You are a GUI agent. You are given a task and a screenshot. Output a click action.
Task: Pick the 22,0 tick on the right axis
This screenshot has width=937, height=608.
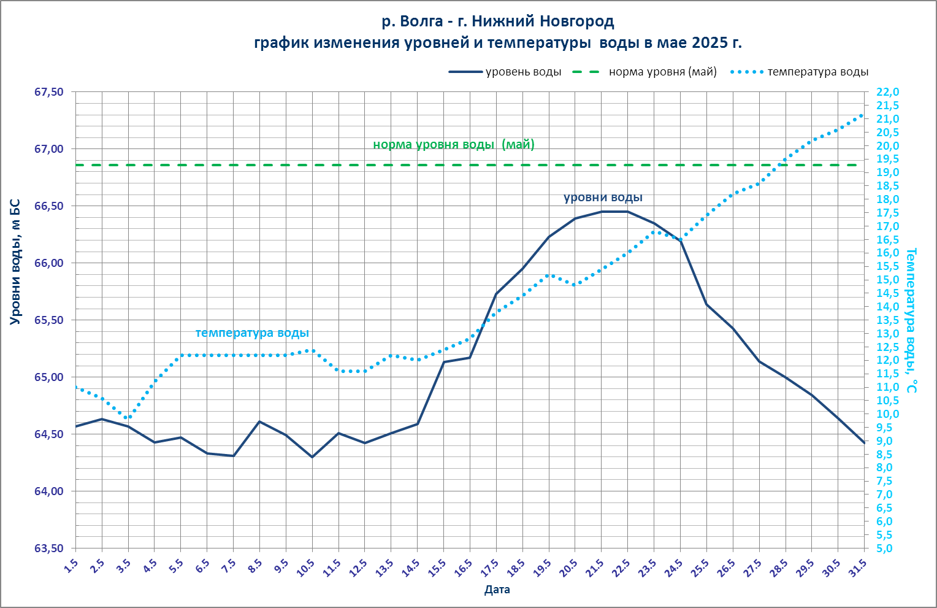coord(888,92)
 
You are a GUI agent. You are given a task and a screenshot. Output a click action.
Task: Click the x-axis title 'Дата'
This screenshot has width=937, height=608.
coord(497,590)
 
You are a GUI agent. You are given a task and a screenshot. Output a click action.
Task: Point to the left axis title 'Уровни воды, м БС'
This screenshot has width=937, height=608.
coord(16,262)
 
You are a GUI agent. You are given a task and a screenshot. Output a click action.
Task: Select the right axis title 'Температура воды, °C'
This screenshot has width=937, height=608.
coord(912,320)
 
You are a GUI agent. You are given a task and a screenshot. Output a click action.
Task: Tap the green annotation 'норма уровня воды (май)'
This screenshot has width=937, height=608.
coord(454,145)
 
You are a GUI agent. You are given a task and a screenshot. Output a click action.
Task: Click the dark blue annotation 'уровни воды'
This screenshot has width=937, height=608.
coord(603,198)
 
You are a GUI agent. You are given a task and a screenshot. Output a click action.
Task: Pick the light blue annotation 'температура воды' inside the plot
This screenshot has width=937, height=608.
coord(252,333)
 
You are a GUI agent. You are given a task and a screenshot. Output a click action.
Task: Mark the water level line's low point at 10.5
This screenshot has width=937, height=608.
coord(312,457)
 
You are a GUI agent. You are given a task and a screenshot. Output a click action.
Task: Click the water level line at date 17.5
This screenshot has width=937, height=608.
coord(496,294)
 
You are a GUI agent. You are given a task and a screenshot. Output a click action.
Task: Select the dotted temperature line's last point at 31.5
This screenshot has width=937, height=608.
coord(863,115)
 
